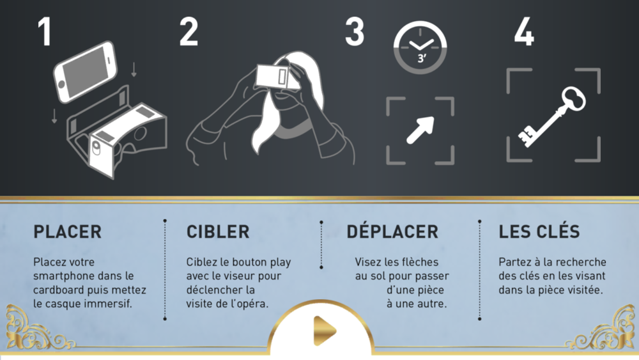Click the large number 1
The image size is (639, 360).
coord(45,31)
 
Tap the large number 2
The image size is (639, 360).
coord(189,31)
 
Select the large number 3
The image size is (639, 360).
coord(355,31)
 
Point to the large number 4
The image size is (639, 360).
coord(524,31)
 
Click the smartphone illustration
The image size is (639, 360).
coord(85,72)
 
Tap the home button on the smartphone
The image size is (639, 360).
coord(62,84)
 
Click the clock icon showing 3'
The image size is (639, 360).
coord(420,47)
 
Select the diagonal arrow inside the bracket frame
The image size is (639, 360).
coord(420,130)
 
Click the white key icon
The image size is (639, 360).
coord(552,116)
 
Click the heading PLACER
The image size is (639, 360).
coord(67,231)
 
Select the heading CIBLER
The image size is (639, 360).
coord(218,231)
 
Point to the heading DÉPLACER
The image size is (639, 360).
coord(392,231)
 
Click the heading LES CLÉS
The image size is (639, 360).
coord(539,231)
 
